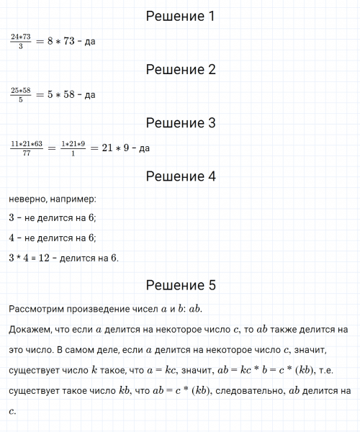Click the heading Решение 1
tap(180, 16)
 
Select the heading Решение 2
tap(180, 70)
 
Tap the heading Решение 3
tap(180, 123)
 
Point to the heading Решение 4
tap(180, 176)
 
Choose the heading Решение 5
tap(180, 286)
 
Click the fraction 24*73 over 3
tap(20, 42)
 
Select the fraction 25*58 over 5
tap(20, 95)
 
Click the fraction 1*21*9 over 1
tap(73, 148)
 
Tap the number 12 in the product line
tap(51, 258)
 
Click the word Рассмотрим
tap(38, 309)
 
